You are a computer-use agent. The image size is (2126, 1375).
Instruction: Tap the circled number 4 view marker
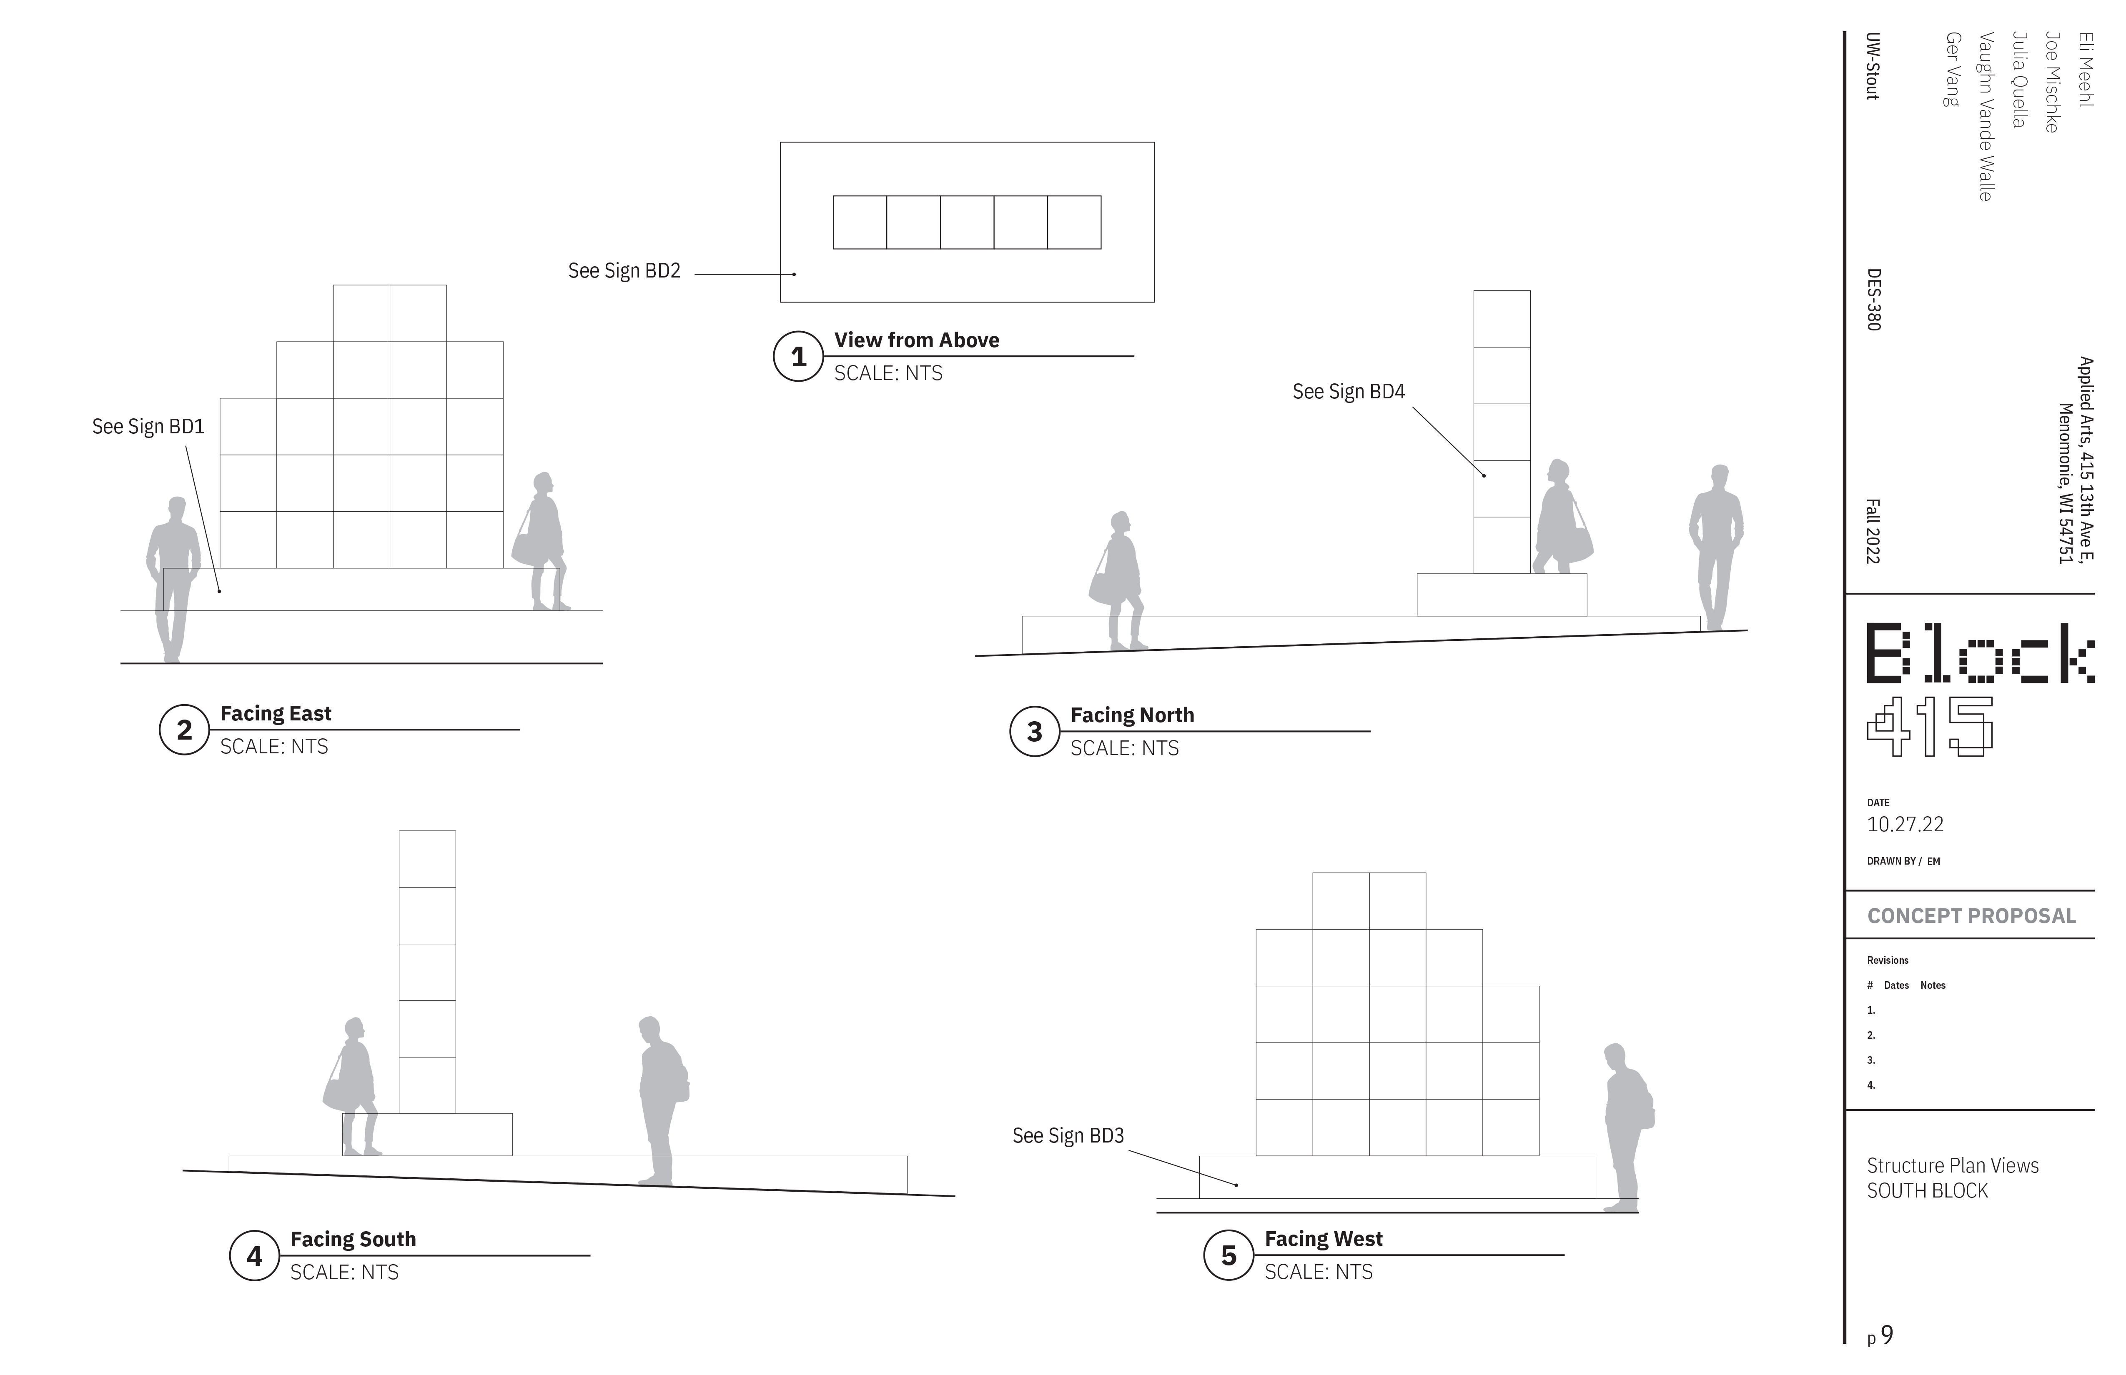tap(255, 1256)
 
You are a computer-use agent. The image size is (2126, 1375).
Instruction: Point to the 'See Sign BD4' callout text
tap(1348, 391)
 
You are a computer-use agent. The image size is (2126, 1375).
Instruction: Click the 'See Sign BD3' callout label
tap(1068, 1136)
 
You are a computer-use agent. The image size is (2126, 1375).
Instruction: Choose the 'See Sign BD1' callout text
tap(148, 427)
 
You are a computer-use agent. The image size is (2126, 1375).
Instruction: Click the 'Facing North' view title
tap(1132, 715)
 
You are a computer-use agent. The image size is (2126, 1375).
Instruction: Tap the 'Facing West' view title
tap(1323, 1239)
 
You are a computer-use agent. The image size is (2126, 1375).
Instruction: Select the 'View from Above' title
tap(917, 340)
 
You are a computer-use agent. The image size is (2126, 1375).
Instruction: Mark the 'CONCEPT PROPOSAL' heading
tap(1971, 916)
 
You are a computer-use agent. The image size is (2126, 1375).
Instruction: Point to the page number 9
tap(1887, 1335)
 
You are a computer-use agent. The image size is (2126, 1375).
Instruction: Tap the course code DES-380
tap(1873, 300)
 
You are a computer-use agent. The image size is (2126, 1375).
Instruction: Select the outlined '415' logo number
tap(1930, 726)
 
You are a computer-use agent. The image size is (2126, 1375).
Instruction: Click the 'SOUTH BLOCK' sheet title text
tap(1927, 1191)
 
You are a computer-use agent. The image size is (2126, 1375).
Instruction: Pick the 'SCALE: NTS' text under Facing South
tap(344, 1272)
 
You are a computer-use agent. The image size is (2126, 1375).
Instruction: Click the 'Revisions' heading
tap(1888, 961)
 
